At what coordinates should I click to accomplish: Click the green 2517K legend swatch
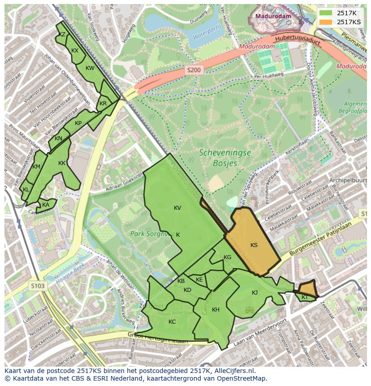(326, 13)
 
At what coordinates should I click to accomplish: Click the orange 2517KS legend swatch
(326, 22)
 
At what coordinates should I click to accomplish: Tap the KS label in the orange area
(254, 245)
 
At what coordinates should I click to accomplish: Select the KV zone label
(177, 208)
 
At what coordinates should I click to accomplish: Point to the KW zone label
(90, 68)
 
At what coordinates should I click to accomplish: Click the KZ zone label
(62, 35)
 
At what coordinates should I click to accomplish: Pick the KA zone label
(46, 205)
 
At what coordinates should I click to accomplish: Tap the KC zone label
(172, 322)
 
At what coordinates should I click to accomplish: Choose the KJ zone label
(255, 293)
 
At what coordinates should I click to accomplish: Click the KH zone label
(216, 310)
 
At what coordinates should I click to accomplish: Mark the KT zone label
(305, 297)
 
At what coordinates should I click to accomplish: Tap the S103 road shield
(39, 286)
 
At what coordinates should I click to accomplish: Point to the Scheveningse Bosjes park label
(224, 158)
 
